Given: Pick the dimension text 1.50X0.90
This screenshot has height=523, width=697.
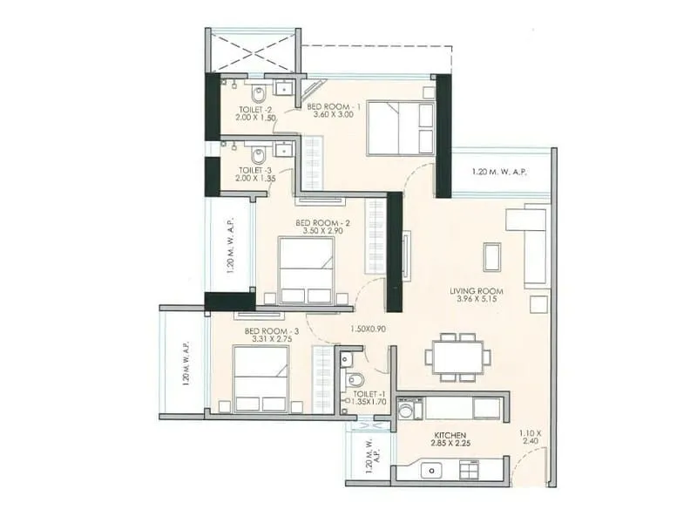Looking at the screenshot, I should [x=369, y=329].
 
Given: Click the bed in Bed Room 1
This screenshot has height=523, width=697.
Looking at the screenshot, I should [x=400, y=128].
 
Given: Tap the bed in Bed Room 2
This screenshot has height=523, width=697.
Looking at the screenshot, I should [x=306, y=270].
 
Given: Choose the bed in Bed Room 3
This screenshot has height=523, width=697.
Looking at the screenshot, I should [x=261, y=378].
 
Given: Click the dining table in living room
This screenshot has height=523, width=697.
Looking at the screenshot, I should [x=457, y=357].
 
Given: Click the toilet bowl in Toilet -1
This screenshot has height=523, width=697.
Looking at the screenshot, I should [x=355, y=379].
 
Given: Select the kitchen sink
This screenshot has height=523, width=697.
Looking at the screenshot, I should [x=432, y=470].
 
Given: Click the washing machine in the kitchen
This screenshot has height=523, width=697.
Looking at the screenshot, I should [x=409, y=409].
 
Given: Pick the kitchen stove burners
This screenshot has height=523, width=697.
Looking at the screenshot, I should [x=469, y=470].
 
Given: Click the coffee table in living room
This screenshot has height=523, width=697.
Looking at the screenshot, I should [x=492, y=256].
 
